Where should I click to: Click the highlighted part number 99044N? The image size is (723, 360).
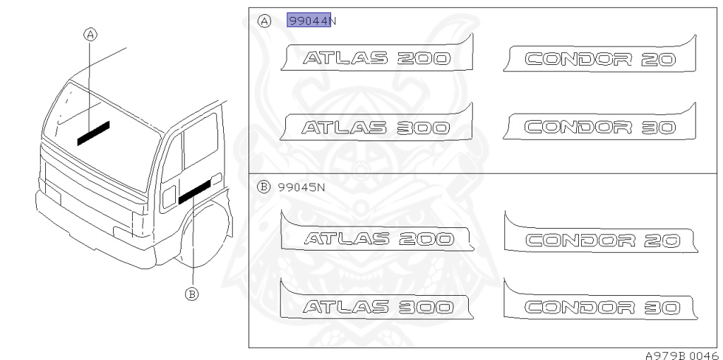tap(311, 20)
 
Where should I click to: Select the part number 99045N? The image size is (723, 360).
tap(301, 187)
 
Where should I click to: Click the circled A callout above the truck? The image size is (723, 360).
tap(91, 34)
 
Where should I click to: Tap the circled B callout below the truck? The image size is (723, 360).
tap(191, 294)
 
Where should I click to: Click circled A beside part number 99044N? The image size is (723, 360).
tap(264, 20)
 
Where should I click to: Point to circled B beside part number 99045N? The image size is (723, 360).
tap(263, 187)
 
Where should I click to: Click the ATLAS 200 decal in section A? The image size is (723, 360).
tap(377, 53)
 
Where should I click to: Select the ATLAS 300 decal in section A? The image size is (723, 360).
tap(376, 123)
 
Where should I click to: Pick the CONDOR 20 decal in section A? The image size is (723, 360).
tap(600, 54)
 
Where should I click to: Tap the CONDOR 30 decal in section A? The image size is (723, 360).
tap(599, 122)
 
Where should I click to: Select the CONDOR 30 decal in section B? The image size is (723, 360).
tap(600, 301)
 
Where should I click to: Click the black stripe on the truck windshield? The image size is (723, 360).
tap(94, 133)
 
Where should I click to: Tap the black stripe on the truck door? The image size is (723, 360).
tap(195, 192)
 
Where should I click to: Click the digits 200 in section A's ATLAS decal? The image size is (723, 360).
tap(424, 58)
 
